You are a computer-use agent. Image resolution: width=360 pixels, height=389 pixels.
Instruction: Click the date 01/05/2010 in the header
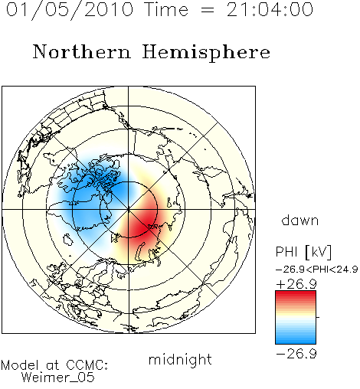pos(70,10)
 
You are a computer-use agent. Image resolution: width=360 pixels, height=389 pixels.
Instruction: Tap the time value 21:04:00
pos(270,9)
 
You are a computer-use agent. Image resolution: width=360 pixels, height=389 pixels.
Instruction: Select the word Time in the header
pos(166,9)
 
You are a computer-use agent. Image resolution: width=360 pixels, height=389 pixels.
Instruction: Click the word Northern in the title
pos(82,51)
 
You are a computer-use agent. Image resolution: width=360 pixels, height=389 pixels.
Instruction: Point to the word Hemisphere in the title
pos(206,53)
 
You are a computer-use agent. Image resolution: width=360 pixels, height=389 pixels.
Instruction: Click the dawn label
pos(300,220)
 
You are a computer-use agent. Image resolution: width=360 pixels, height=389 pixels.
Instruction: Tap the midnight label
pos(180,359)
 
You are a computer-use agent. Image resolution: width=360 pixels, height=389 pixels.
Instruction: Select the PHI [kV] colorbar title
pos(303,252)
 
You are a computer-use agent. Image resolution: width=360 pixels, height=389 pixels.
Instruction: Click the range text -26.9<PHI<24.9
pos(317,270)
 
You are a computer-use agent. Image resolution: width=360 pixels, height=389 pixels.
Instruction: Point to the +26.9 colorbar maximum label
pos(296,284)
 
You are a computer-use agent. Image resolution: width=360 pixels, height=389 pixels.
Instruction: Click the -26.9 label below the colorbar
pos(296,354)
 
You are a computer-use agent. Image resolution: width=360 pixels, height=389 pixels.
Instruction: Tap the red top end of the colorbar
pos(296,293)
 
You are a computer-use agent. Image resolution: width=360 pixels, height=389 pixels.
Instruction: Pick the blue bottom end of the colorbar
pos(296,341)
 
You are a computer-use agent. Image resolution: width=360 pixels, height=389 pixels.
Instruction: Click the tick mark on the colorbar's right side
pos(318,317)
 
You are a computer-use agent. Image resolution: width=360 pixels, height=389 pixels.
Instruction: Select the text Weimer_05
pos(58,378)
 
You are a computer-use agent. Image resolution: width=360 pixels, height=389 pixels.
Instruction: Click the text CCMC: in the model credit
pos(87,365)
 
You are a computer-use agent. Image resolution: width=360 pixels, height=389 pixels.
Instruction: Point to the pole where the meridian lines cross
pos(129,210)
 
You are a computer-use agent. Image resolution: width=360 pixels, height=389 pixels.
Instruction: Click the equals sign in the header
pos(208,10)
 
